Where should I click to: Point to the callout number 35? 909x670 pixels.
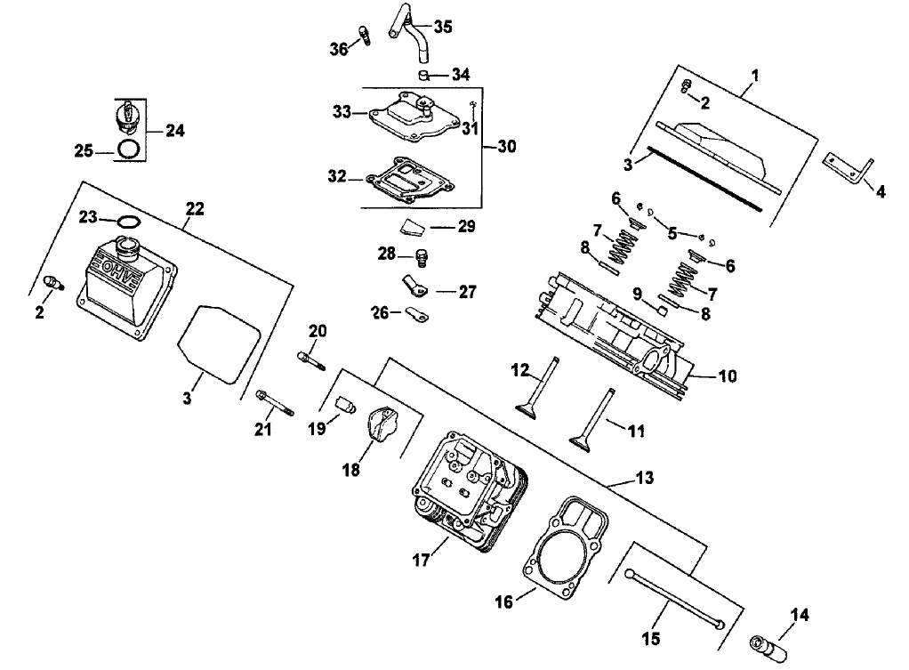tap(442, 27)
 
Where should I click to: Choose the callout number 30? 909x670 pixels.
tap(505, 146)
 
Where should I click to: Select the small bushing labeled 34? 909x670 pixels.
tap(427, 73)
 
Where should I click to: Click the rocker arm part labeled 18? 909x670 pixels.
tap(382, 424)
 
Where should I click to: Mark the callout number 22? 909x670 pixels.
tap(195, 208)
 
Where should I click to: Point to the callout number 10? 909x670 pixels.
tap(727, 376)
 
